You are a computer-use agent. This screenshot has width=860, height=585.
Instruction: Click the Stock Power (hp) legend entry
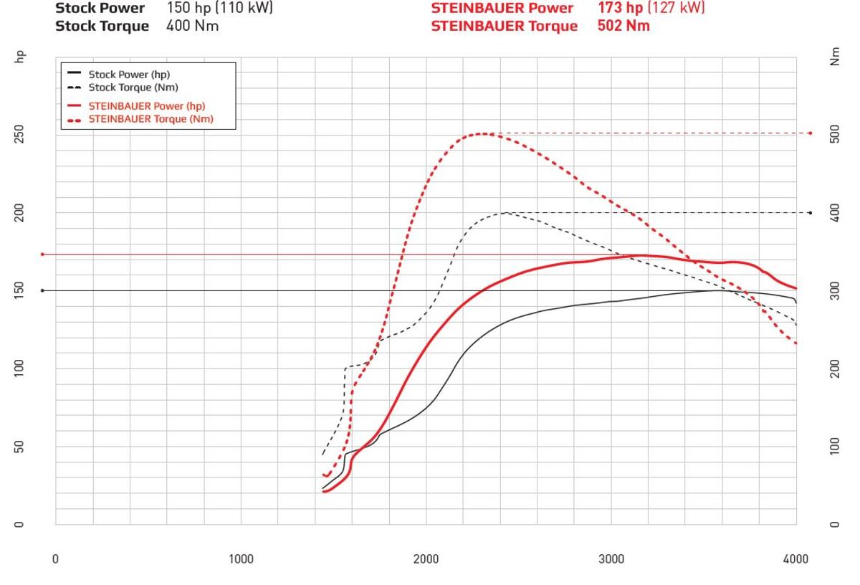point(129,74)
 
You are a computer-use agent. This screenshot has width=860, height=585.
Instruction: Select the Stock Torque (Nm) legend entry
point(133,87)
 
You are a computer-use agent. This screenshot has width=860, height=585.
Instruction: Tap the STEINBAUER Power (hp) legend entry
point(136,106)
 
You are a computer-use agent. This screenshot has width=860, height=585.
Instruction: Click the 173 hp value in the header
point(620,8)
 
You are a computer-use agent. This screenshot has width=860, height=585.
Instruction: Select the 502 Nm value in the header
point(623,26)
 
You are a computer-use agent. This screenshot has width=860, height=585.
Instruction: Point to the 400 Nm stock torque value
point(193,26)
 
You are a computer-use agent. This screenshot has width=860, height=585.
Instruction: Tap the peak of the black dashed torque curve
point(505,212)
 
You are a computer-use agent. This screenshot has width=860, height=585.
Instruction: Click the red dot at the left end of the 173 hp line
point(42,255)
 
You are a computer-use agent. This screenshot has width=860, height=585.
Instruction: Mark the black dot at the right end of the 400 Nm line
point(810,213)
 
